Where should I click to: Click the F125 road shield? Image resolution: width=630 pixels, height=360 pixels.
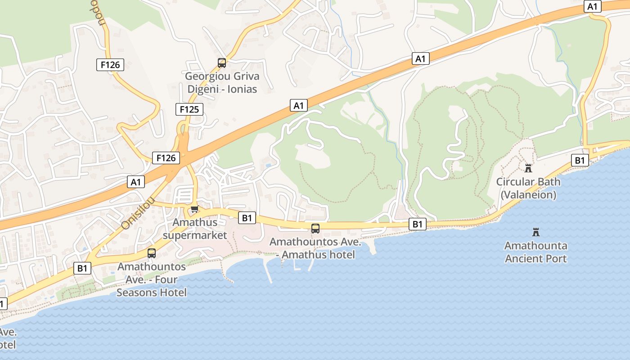189,109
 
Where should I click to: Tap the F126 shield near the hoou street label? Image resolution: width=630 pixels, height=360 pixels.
110,65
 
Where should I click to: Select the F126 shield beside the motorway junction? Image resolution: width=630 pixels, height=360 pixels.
166,158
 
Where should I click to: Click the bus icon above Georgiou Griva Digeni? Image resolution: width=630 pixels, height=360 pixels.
221,63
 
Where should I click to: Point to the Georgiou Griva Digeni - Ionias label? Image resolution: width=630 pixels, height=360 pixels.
222,82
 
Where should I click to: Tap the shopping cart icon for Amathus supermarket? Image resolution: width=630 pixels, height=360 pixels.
194,209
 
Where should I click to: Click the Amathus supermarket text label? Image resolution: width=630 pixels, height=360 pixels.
195,229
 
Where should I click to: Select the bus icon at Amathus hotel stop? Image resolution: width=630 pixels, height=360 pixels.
315,229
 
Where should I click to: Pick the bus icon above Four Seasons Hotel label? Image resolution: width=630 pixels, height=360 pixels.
152,253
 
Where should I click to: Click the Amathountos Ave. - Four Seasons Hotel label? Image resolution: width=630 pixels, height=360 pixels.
152,279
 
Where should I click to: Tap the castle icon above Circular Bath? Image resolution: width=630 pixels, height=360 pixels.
528,168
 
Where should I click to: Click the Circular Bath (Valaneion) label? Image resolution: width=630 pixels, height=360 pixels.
528,188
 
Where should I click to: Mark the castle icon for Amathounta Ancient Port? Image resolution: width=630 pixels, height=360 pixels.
535,232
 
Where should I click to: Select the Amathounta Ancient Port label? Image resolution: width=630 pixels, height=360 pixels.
535,252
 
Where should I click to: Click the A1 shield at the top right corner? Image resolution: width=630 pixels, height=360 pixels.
593,6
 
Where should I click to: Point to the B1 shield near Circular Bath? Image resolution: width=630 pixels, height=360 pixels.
580,160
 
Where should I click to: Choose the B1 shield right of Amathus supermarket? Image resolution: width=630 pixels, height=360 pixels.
247,218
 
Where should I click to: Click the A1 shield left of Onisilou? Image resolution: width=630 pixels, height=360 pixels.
136,182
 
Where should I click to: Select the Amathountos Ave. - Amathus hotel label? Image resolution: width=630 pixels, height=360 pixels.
315,248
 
